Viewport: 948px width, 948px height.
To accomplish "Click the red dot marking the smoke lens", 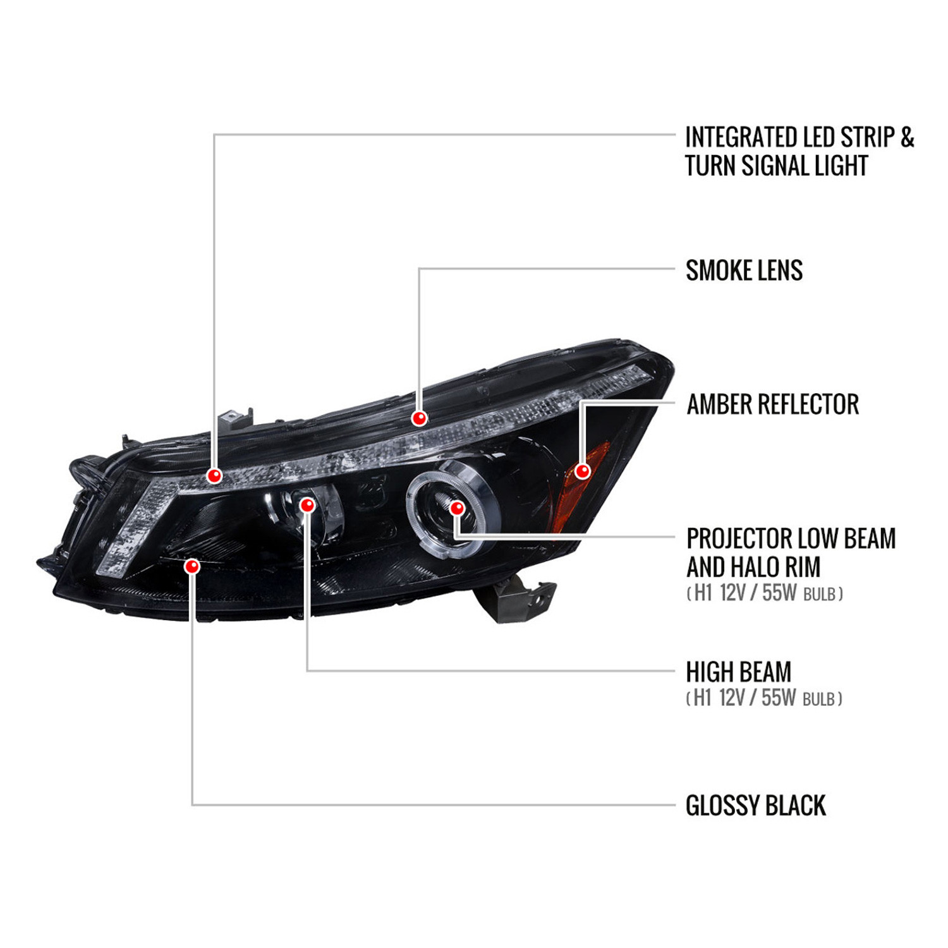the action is point(419,418).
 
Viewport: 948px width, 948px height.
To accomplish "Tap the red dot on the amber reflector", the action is point(583,470).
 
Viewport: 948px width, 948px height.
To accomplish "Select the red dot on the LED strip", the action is point(214,475).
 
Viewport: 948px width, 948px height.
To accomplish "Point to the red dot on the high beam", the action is point(307,505).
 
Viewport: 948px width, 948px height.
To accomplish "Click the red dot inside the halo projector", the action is point(456,507).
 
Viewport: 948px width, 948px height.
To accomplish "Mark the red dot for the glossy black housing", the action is point(192,566).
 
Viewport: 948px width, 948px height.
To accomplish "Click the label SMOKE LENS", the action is point(744,270).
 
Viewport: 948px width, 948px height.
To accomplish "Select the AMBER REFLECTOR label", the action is point(773,404).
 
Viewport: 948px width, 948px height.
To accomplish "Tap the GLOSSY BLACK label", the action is point(756,806).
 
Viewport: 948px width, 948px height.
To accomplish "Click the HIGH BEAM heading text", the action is point(739,672).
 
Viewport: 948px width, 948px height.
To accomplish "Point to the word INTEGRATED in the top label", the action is point(739,137).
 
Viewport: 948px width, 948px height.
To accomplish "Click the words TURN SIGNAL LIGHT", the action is point(777,166).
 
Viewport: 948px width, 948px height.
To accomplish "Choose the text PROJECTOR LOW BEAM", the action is point(791,538).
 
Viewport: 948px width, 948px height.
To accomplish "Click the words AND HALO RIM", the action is point(753,567).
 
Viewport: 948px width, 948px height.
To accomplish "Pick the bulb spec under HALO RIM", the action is point(765,593).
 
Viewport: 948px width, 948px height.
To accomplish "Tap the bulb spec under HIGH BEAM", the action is point(764,698).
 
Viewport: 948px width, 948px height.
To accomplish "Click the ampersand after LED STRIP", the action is point(907,137).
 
